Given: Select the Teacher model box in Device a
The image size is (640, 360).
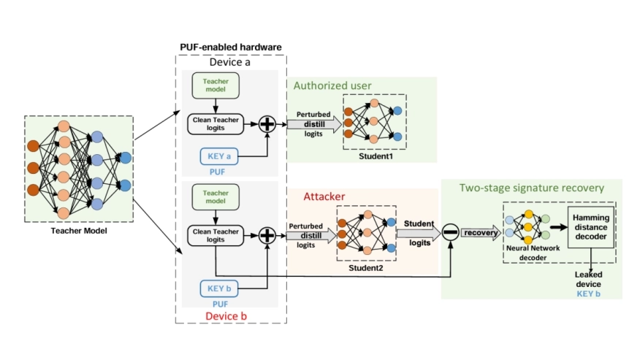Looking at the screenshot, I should point(216,85).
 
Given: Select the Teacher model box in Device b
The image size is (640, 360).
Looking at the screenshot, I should point(216,197).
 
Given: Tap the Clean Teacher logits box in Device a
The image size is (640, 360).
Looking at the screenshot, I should point(216,123).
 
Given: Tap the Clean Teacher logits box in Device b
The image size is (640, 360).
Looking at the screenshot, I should point(216,234).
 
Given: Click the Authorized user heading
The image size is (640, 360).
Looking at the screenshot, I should point(332,86).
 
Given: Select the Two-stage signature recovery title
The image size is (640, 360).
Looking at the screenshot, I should point(531,188).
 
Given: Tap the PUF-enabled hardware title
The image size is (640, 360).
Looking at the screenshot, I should point(231,47).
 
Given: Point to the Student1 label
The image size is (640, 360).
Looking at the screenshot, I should point(375,156).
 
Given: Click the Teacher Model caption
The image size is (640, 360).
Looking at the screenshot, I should point(79,231).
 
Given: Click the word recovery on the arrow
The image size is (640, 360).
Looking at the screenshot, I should point(479,232).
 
